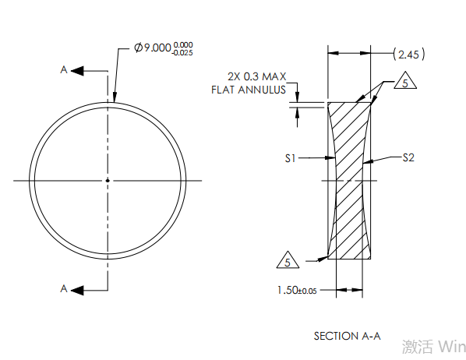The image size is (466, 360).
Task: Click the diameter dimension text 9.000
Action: coord(157,48)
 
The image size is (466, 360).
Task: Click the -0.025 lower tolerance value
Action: coord(182,53)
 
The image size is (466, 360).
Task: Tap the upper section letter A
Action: coord(64,70)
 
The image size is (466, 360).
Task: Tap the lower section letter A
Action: coord(64,288)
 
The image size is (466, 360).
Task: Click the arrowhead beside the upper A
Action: coord(77,71)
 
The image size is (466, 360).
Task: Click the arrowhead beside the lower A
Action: coord(77,291)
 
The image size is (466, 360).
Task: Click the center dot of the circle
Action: coord(108,181)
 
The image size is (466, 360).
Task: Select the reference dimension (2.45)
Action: coord(409,55)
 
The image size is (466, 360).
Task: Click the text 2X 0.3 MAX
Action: coord(257,76)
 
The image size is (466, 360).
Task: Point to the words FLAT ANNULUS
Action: coord(249,90)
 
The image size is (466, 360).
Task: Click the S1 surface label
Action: coord(291,158)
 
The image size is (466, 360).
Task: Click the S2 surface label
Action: coord(408,157)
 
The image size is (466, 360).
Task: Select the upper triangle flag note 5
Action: coord(405,81)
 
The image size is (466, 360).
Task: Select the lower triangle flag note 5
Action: coord(288,260)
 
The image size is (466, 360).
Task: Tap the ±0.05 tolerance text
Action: coord(308,291)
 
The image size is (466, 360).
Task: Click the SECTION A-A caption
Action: coord(347,336)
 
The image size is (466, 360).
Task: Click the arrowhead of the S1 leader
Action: coord(330,158)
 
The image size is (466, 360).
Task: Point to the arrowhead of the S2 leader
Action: coord(368,161)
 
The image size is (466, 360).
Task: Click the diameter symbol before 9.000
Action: coord(139,48)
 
